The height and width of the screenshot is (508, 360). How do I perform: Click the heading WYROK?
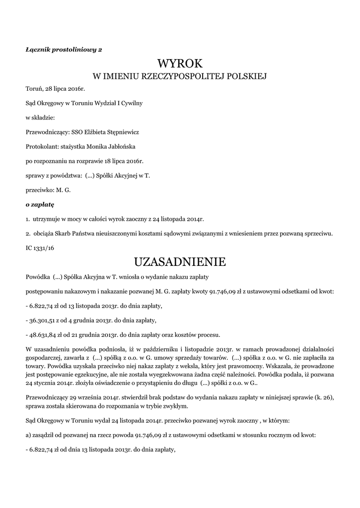[180, 63]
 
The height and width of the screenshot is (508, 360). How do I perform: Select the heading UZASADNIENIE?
[180, 261]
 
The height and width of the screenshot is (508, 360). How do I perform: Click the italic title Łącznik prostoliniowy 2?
[64, 49]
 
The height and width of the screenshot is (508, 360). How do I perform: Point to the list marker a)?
[29, 435]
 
